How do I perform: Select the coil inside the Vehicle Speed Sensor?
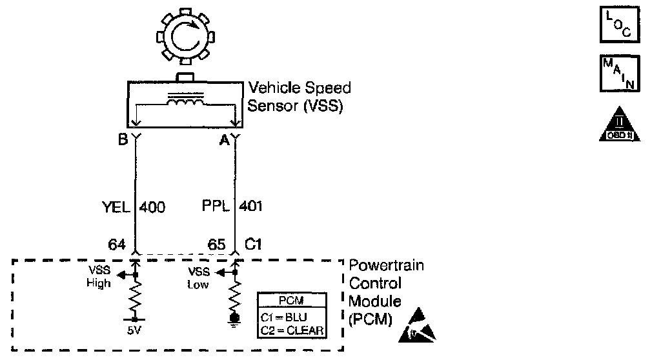click(186, 102)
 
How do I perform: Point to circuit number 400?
click(152, 208)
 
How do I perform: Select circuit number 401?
click(251, 208)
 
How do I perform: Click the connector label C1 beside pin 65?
click(253, 245)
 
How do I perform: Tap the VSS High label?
click(99, 277)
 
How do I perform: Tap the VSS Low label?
click(198, 277)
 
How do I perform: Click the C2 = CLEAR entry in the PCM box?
click(292, 330)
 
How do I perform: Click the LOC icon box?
click(616, 25)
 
